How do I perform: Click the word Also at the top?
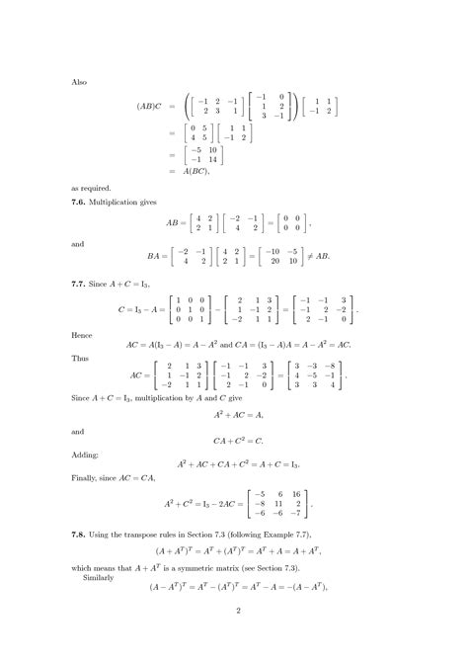80,83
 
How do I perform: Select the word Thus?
81,361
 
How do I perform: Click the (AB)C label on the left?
151,106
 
